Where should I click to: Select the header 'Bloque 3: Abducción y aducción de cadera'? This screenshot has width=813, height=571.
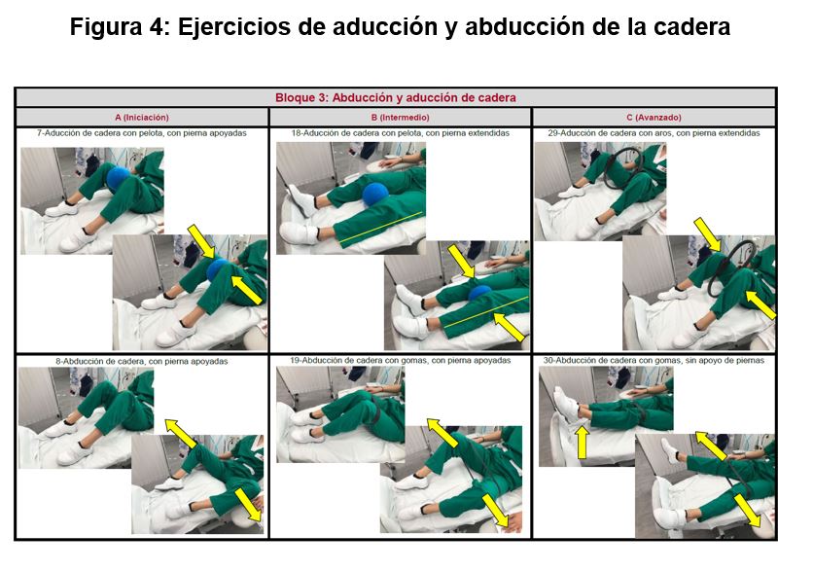click(396, 97)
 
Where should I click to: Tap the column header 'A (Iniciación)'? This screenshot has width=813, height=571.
click(142, 117)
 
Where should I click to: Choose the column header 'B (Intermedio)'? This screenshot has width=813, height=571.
click(401, 117)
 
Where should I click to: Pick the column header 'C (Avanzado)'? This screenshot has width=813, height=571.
click(654, 117)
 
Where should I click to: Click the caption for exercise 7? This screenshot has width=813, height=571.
click(142, 133)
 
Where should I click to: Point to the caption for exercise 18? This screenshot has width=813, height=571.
click(401, 133)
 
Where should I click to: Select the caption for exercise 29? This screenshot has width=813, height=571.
click(654, 133)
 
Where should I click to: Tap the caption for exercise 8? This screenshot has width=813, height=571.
click(142, 361)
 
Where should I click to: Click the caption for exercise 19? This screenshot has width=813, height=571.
click(401, 360)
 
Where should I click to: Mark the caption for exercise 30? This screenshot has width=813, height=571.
click(654, 360)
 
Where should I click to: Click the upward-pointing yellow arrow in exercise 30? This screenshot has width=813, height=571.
click(583, 443)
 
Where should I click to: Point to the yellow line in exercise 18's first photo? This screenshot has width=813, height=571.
click(381, 228)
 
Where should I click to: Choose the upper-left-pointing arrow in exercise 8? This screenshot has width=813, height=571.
click(181, 433)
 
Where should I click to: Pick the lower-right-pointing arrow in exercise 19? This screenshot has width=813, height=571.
click(496, 511)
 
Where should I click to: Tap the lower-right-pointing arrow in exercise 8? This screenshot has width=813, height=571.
click(249, 505)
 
